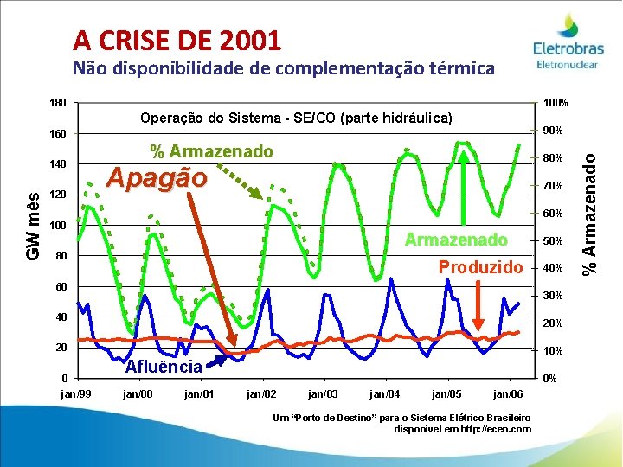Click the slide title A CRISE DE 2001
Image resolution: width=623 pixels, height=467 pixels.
coord(177,40)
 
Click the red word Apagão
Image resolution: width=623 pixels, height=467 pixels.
coord(156,178)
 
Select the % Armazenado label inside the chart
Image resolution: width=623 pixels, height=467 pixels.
coord(211,152)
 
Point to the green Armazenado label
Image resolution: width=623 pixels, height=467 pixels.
coord(457,240)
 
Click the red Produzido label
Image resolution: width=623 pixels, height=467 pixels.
coord(480,266)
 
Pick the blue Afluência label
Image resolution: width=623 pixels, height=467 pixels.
coord(164,366)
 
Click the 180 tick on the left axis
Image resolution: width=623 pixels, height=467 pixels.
coord(57,104)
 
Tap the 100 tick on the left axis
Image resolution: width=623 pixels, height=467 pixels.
coord(57,227)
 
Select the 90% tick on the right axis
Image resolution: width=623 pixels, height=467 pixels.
coord(552,131)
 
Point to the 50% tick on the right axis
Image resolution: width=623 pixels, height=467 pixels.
coord(552,241)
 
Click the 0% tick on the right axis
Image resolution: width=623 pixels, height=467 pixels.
coord(549,379)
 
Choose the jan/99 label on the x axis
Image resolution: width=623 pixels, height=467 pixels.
coord(75,394)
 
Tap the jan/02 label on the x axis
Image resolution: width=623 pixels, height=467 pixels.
coord(261,394)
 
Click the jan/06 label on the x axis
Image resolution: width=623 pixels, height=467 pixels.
coord(508,394)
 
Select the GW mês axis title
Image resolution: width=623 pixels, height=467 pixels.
coord(32,227)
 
